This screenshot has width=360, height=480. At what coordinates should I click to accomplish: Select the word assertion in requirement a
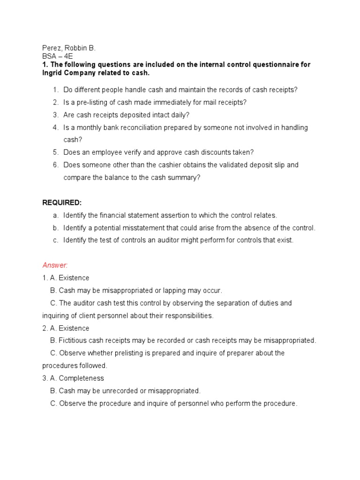point(174,215)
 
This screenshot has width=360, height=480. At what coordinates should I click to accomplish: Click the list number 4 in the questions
point(55,127)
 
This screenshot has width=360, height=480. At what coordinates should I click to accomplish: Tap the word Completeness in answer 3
point(81,378)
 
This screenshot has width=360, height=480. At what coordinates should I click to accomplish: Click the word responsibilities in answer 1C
point(182,315)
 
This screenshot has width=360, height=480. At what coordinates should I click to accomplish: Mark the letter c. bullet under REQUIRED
point(55,240)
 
